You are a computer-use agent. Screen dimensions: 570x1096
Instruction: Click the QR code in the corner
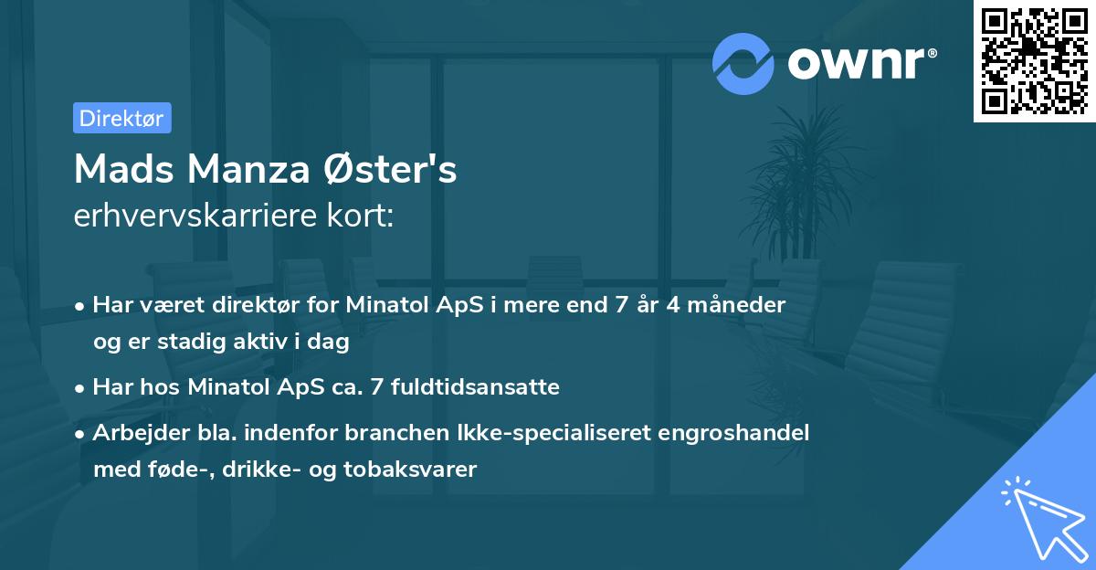(x=1035, y=60)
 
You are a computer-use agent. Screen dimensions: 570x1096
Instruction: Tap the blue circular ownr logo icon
(x=743, y=63)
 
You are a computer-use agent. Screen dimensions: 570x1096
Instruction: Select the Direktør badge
(x=122, y=118)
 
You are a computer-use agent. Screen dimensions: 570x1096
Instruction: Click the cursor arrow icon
(x=1040, y=518)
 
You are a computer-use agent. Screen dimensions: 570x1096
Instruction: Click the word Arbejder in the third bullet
(x=132, y=433)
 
